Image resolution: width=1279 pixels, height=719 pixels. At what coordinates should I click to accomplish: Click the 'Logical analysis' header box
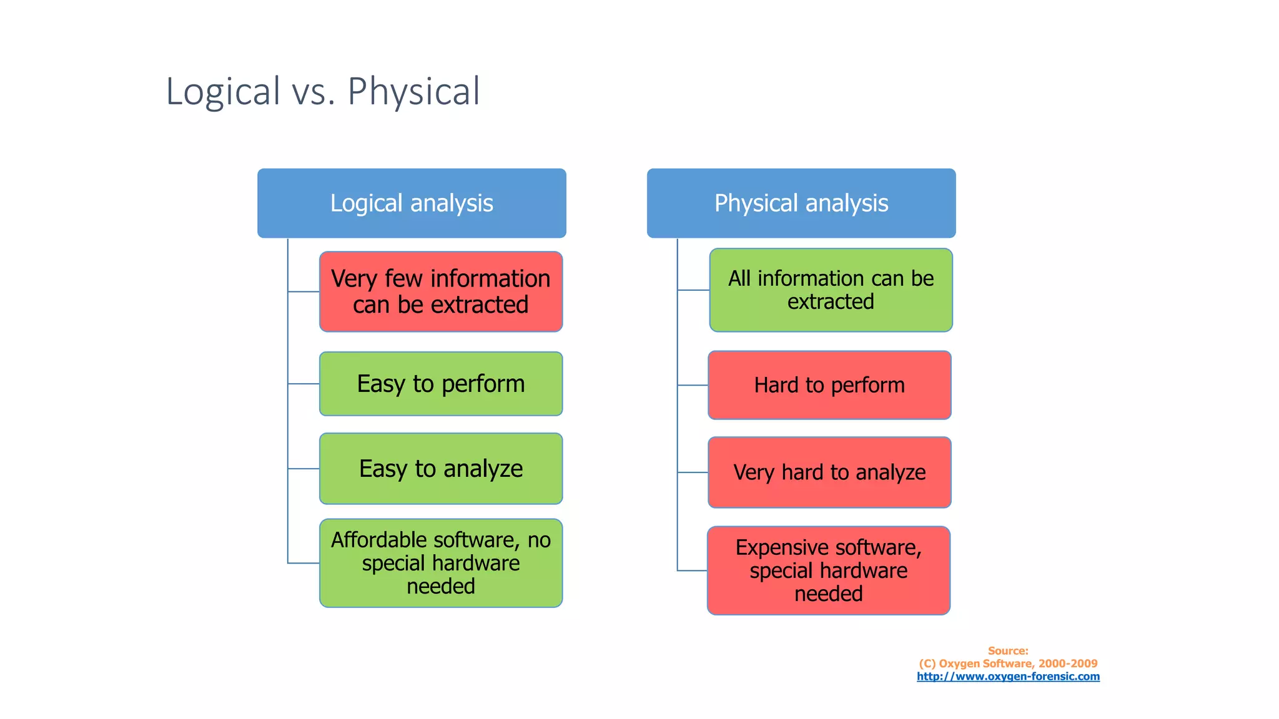(x=412, y=203)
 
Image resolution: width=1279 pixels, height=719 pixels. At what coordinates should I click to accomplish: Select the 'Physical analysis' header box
(x=801, y=203)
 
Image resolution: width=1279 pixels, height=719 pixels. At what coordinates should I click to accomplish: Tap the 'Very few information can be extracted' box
(x=441, y=291)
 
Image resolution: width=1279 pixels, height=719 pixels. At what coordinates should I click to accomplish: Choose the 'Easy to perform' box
(x=441, y=384)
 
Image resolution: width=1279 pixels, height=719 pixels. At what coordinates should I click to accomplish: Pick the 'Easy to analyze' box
(x=441, y=469)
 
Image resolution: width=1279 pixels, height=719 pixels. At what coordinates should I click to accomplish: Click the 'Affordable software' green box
(x=441, y=563)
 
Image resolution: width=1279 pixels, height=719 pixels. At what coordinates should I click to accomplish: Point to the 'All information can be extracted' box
(x=831, y=290)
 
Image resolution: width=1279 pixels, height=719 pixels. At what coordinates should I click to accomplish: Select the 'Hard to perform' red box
(x=829, y=385)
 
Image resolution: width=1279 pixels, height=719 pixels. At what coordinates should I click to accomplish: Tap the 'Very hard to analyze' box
(x=829, y=472)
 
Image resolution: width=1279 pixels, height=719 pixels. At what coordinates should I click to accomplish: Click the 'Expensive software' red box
(x=829, y=570)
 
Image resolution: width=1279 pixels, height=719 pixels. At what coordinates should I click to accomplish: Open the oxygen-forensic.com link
(x=1008, y=677)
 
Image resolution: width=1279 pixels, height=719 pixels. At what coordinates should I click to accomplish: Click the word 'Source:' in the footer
(x=1008, y=651)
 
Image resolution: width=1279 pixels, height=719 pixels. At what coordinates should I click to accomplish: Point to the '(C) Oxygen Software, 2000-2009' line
(x=1008, y=663)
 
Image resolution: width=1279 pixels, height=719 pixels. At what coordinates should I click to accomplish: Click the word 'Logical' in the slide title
(x=223, y=92)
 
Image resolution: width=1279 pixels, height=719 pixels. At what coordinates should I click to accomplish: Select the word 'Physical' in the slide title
(x=413, y=92)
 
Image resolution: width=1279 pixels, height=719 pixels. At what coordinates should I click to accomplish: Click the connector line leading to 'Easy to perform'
(x=304, y=384)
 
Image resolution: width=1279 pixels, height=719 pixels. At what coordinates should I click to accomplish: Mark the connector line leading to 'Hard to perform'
(x=693, y=385)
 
